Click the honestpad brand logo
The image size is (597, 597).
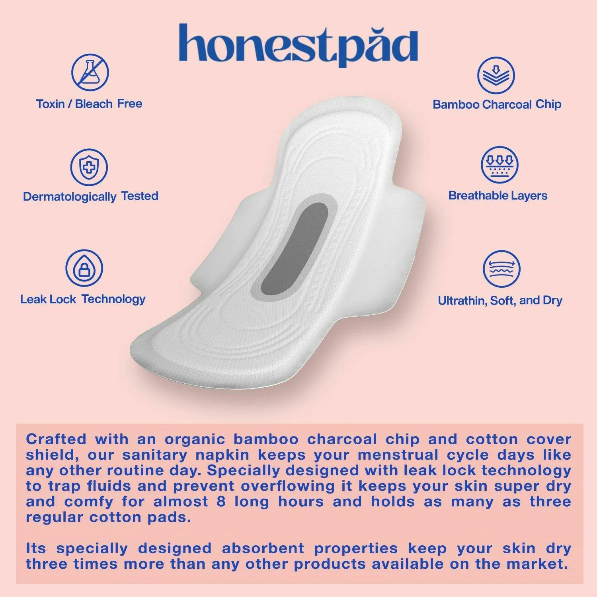click(x=298, y=45)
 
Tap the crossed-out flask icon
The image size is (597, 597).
click(x=90, y=72)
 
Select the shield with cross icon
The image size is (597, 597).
click(x=89, y=167)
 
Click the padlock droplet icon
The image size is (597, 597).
click(x=84, y=268)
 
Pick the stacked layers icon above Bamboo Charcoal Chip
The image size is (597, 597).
click(x=496, y=75)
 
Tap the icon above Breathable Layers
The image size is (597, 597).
click(x=500, y=165)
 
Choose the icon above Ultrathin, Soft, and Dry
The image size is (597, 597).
click(x=501, y=269)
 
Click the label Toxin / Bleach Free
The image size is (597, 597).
click(x=89, y=104)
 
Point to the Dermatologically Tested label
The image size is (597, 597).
click(x=91, y=197)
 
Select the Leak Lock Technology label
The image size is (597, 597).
click(x=83, y=299)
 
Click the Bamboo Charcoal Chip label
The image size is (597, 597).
click(x=497, y=104)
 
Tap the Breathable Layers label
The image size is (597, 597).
click(x=498, y=196)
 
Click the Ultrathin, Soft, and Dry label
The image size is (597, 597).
click(x=500, y=300)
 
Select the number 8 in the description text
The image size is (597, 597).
click(x=221, y=501)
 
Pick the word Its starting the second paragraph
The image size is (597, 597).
click(x=36, y=548)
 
